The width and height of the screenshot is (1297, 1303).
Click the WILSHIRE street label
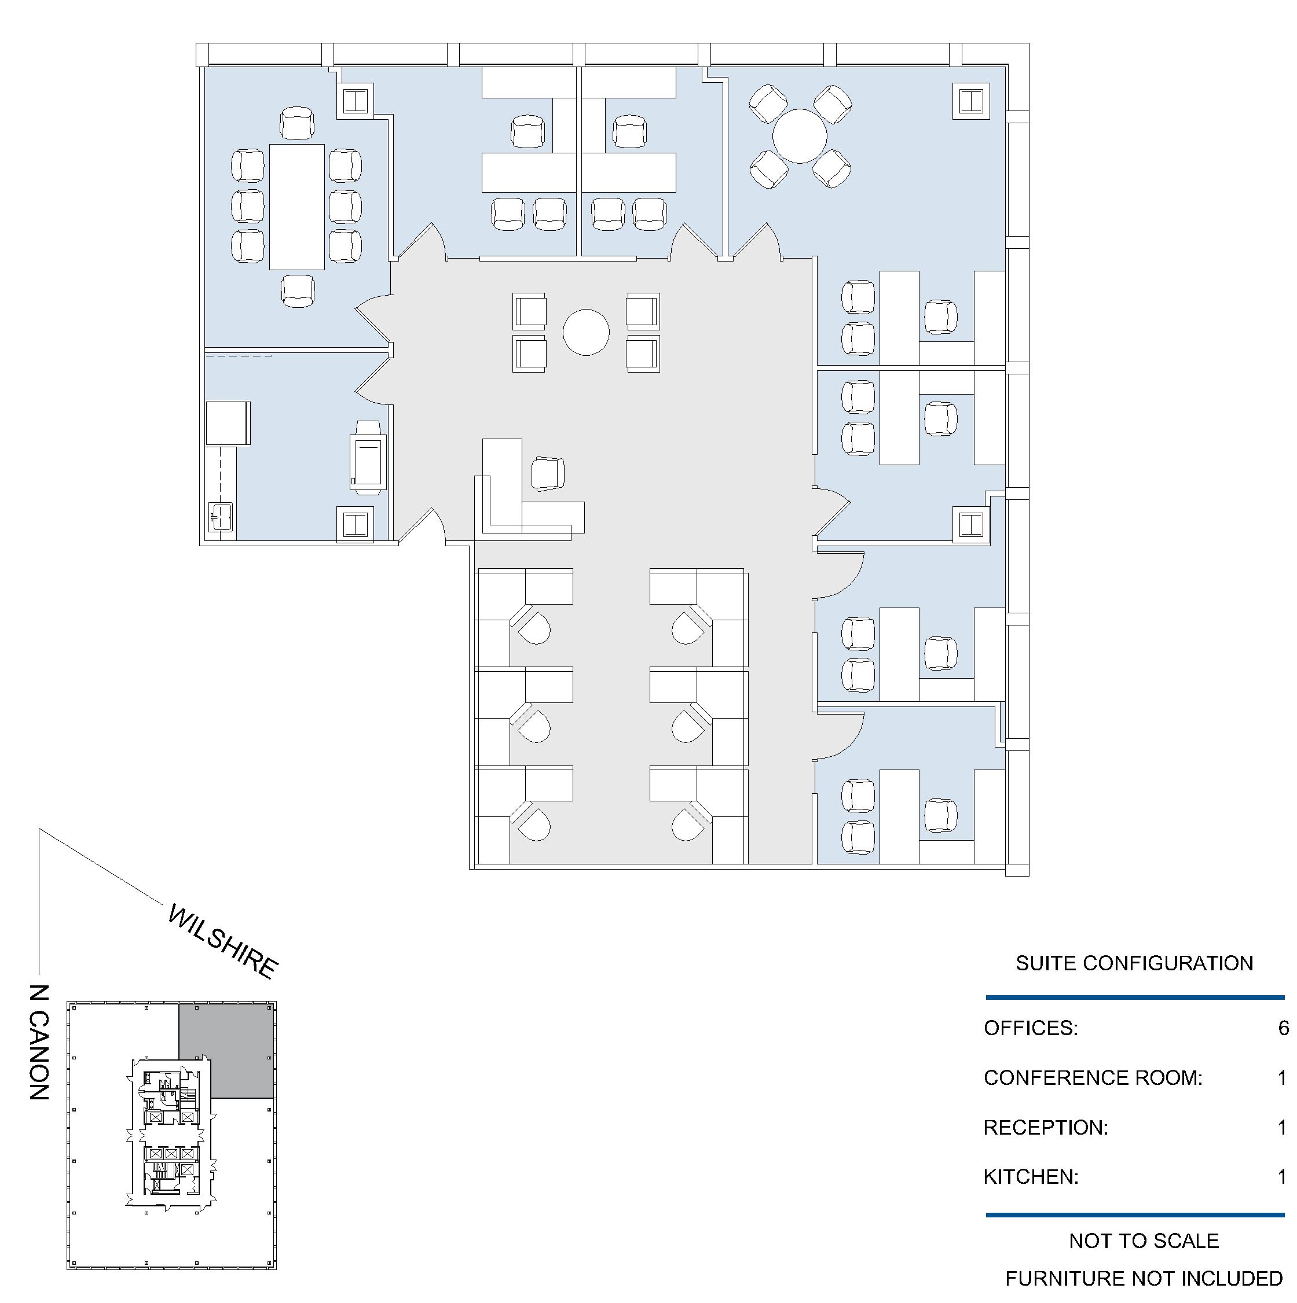pos(222,941)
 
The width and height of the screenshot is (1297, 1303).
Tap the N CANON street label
pos(40,1042)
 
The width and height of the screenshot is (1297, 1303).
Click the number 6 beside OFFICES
pos(1283,1028)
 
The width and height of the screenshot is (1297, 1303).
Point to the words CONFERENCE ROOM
pos(1093,1078)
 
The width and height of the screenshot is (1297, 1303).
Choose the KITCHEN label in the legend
pos(1031,1177)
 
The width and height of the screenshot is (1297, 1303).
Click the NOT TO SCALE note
pos(1144,1241)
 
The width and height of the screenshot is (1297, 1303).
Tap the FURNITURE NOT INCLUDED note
pos(1144,1279)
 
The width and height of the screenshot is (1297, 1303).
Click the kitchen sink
pos(221,517)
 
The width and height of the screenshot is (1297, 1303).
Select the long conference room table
pos(297,207)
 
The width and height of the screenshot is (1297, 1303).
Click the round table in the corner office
pos(800,136)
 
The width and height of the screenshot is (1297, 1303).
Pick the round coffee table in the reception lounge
pos(586,332)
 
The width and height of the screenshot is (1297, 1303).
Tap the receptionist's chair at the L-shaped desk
pos(547,473)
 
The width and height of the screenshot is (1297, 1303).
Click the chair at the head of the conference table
pos(297,123)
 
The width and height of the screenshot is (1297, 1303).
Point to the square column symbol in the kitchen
pos(355,524)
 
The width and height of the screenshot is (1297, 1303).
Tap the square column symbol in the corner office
pos(971,101)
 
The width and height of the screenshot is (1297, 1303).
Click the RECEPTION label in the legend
pos(1045,1128)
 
